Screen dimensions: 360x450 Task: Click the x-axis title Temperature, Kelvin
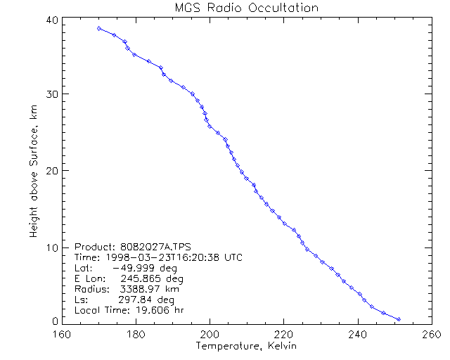(245, 347)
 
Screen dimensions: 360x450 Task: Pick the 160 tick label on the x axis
(62, 335)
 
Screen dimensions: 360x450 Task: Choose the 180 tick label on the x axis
(135, 335)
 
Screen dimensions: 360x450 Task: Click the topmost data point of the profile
(99, 28)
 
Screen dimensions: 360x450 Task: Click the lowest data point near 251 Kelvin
(399, 319)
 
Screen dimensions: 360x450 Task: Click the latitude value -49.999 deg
(144, 268)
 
